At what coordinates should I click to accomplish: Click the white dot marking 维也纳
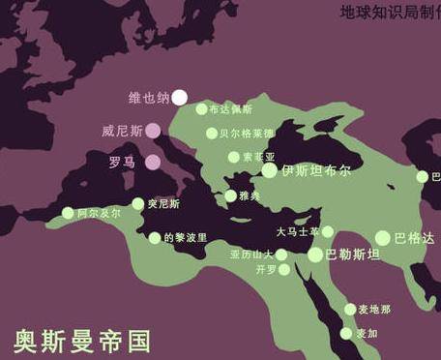point(180,97)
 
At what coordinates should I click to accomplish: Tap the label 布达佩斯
point(230,110)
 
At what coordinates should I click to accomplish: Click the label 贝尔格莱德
point(247,134)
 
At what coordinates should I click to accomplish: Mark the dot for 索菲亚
point(233,157)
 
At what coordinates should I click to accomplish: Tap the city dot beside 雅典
point(230,196)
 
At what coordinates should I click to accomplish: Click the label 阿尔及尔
point(100,213)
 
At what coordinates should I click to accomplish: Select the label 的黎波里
point(185,238)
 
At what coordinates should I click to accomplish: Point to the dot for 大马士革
point(328,231)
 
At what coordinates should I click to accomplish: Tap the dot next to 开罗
point(284,270)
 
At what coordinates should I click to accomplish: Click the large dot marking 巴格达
point(383,238)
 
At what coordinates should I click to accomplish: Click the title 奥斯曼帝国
point(82,341)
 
